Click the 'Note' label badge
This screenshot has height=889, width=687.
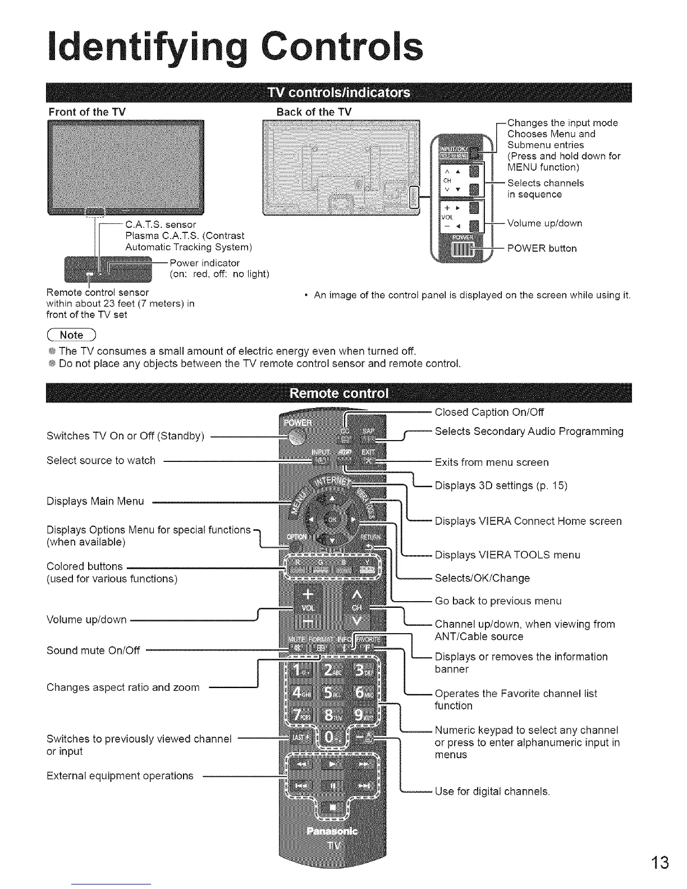coord(72,335)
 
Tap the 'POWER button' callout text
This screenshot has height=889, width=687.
coord(542,249)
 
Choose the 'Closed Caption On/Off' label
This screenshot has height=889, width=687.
coord(489,413)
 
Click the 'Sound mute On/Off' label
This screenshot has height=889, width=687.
coord(93,650)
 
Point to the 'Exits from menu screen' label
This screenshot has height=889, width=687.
coord(492,462)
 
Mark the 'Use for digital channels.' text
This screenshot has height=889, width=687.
coord(492,792)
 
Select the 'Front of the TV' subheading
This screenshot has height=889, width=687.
coord(86,112)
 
